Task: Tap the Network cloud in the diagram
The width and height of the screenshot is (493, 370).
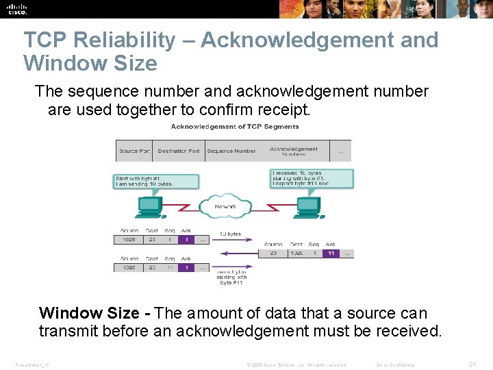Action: point(225,206)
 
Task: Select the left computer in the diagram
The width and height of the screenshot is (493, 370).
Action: point(149,208)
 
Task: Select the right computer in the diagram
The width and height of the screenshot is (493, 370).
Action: point(309,208)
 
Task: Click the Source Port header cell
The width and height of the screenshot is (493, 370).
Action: point(134,151)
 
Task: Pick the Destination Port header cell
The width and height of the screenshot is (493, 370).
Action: point(178,151)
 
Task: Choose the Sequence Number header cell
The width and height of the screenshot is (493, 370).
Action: point(231,151)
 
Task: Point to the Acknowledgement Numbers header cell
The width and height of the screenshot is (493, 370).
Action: point(294,151)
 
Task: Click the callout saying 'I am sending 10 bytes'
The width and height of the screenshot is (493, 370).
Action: point(156,181)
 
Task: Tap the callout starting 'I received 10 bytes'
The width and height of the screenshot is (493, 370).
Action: point(312,179)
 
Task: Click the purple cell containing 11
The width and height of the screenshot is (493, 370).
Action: point(331,253)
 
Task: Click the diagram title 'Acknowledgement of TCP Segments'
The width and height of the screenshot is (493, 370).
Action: point(235,126)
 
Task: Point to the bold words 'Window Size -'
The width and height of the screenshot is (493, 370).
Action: point(94,313)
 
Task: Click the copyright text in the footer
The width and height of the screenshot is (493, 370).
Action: point(296,365)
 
